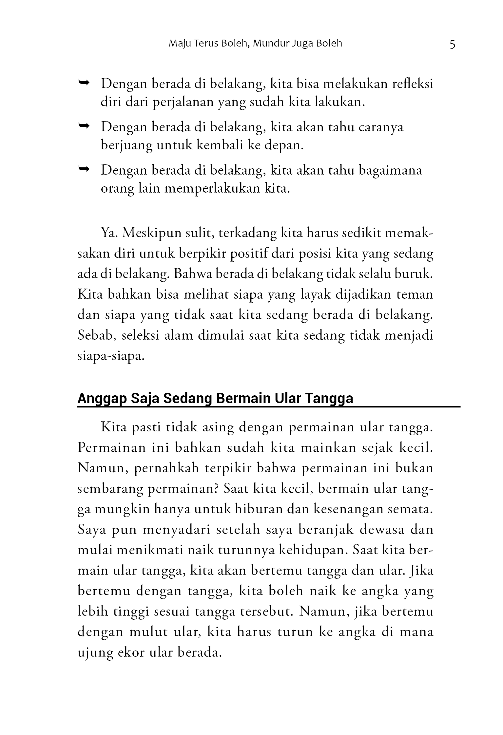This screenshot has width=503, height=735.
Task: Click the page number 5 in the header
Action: [x=452, y=44]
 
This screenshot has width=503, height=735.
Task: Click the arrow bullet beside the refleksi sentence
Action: [x=84, y=84]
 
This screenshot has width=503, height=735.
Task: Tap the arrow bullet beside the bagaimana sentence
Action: [x=84, y=169]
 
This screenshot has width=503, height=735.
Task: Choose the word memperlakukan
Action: [x=212, y=189]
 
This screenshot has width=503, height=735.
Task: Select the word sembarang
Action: [x=110, y=489]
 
